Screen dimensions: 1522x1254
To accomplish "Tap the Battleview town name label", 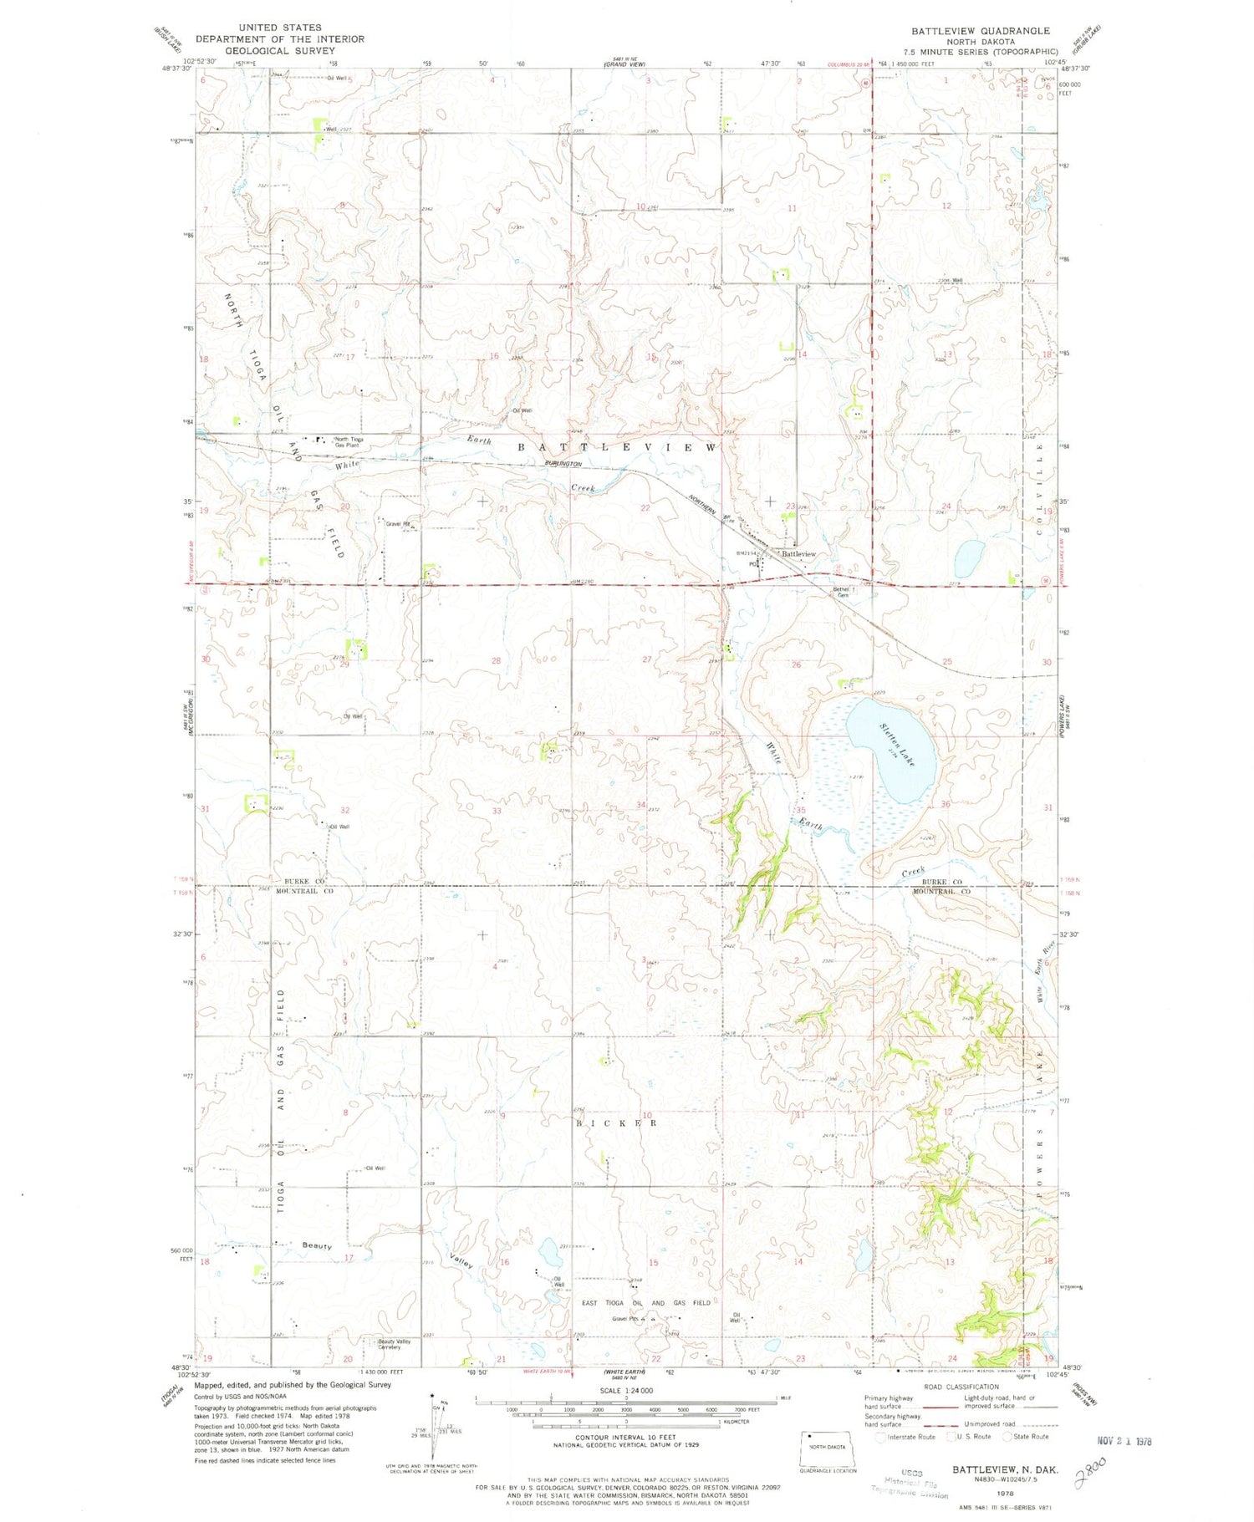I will coord(798,554).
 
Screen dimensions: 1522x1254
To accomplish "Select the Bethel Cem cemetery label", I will coord(841,592).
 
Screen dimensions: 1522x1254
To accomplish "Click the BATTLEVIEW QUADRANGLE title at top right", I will coord(981,31).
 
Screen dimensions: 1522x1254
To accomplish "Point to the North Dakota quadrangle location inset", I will coord(828,1449).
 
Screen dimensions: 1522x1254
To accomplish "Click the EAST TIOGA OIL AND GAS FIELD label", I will coord(646,1303).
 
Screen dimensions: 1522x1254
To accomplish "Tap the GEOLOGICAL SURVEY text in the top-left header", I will coord(278,50).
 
